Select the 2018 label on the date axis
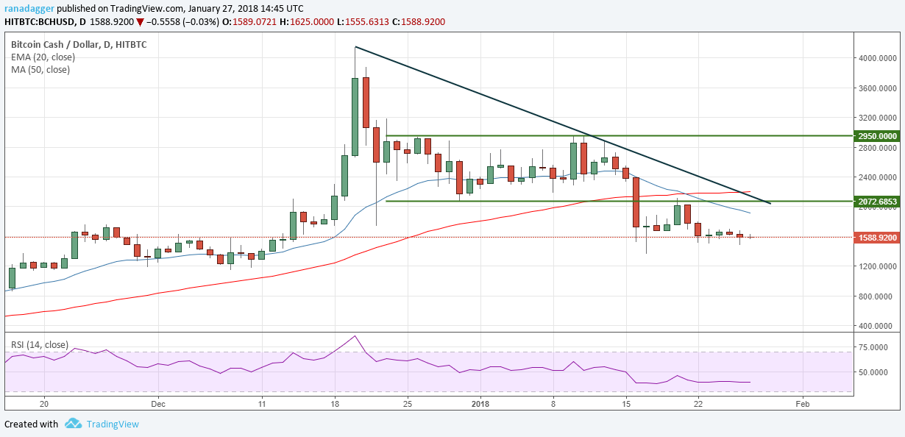pos(480,404)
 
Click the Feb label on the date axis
pos(803,404)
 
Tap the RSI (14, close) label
pos(39,344)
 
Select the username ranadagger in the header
pos(28,8)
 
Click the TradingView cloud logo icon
pos(73,424)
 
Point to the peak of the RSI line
pos(355,336)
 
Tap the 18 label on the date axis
pos(334,404)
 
